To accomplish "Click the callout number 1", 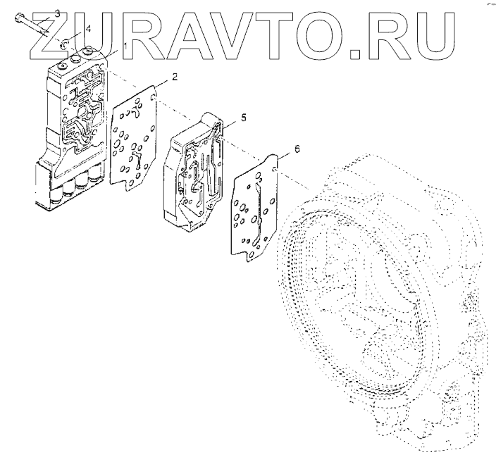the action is tap(125, 46).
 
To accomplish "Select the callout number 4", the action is tap(88, 30).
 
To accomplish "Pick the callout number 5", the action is tap(243, 118).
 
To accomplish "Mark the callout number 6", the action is tap(297, 149).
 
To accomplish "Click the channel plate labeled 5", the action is tap(197, 169).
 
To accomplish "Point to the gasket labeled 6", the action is tap(257, 208).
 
